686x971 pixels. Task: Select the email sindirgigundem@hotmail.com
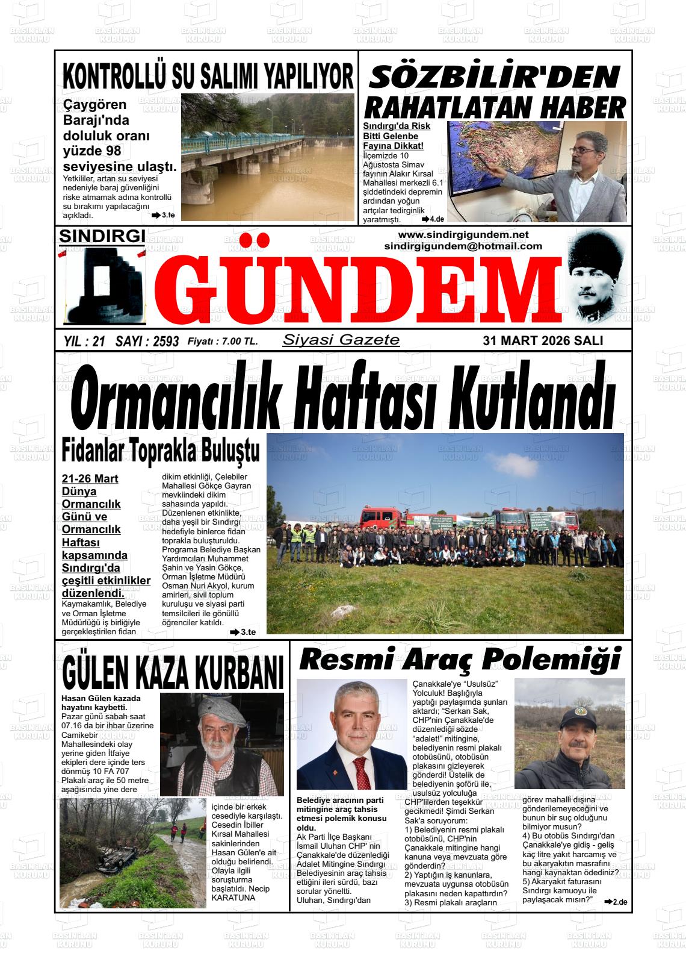(x=463, y=246)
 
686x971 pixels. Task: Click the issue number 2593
(x=166, y=342)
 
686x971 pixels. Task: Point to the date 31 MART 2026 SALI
(x=543, y=341)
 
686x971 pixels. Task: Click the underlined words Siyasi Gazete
(x=341, y=340)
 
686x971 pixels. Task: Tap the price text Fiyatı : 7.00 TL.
(x=223, y=342)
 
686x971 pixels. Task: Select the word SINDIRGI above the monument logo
(x=102, y=237)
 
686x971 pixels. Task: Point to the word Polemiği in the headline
(x=552, y=660)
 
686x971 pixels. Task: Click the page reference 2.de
(x=619, y=902)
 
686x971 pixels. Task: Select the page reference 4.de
(x=436, y=219)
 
